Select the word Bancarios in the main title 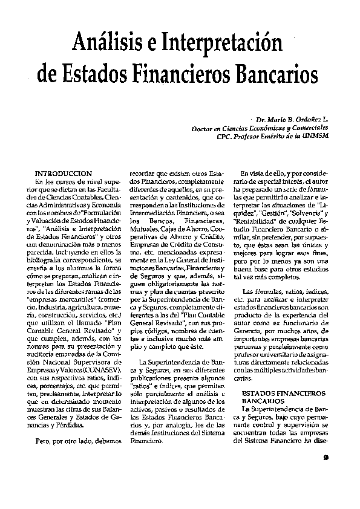[x=278, y=78]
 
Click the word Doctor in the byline [x=204, y=129]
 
